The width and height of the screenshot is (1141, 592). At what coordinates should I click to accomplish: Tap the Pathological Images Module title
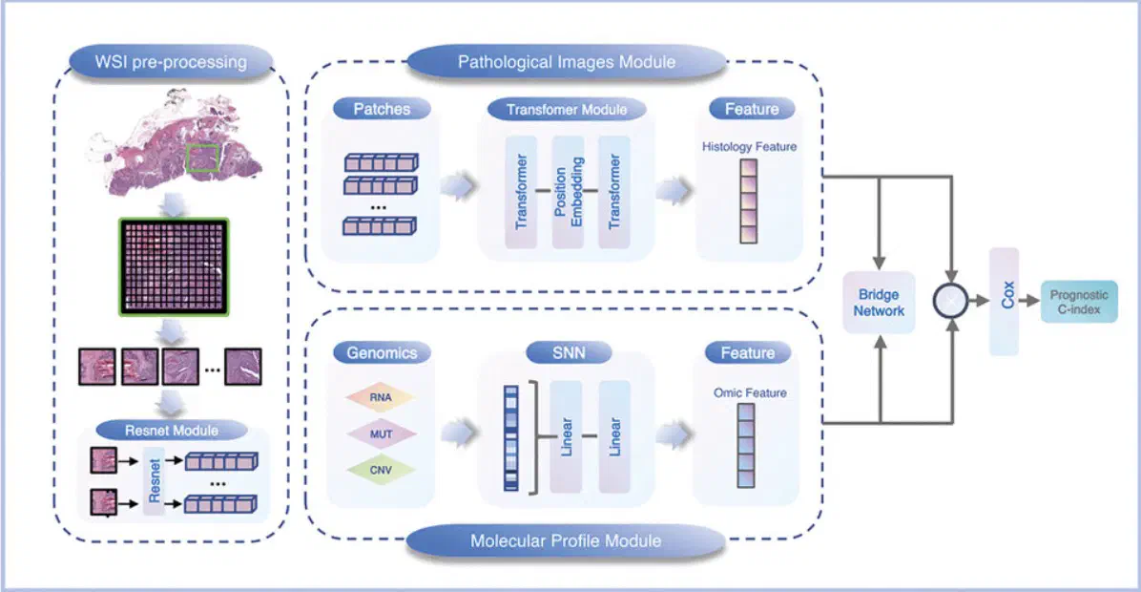(567, 62)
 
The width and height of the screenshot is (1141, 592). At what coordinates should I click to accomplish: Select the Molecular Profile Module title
(566, 540)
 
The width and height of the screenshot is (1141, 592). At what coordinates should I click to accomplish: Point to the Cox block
(1005, 301)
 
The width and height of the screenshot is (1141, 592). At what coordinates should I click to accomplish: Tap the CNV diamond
(381, 471)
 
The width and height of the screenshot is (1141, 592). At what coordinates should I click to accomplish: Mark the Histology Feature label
(749, 146)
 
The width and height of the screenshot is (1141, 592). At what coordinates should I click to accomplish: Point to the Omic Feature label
(749, 392)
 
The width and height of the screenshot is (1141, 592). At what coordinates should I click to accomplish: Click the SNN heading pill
(568, 353)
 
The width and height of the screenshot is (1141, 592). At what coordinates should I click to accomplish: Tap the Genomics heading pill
(381, 352)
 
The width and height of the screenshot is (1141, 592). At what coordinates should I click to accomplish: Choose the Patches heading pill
(382, 109)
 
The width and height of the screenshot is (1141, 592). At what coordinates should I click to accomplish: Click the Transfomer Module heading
(567, 109)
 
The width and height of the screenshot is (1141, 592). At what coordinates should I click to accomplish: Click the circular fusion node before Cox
(950, 300)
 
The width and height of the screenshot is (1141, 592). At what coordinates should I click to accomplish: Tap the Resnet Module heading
(172, 430)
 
